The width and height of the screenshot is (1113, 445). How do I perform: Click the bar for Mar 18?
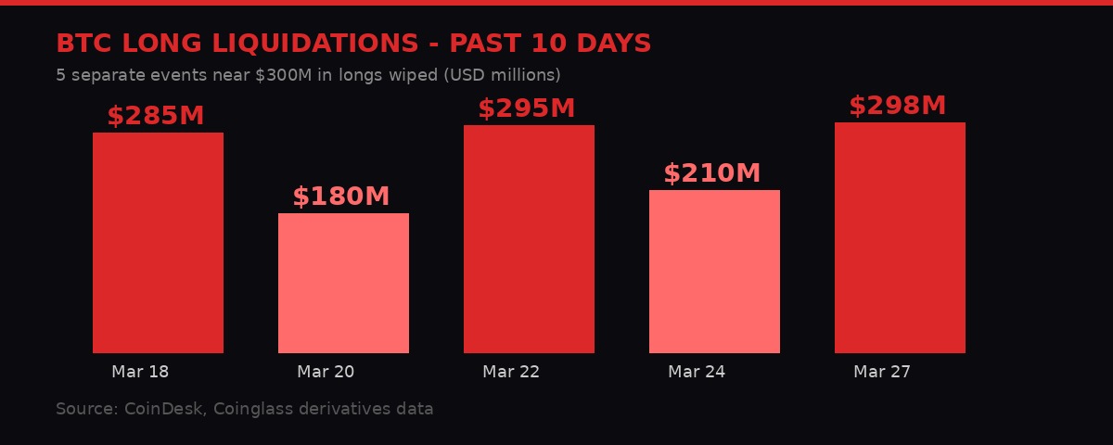point(158,243)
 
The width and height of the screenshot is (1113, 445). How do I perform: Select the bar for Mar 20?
point(343,283)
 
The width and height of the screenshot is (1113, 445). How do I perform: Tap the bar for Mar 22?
point(529,239)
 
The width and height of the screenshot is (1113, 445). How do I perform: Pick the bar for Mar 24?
point(714,272)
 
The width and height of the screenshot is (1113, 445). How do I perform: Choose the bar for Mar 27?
point(900,237)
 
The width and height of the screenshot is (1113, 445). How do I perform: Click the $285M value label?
point(155,117)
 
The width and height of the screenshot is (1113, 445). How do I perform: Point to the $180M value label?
point(340,197)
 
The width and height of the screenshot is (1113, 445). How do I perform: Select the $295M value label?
point(526,109)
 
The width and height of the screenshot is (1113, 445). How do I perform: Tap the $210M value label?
point(711,174)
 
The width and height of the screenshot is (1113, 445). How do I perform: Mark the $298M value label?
point(897,107)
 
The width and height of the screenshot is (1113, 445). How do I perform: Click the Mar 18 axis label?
point(140,372)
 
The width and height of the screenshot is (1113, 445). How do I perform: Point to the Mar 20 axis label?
point(326,372)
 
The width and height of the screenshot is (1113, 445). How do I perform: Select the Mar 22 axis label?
point(511,372)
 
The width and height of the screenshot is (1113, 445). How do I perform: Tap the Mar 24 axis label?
point(697,372)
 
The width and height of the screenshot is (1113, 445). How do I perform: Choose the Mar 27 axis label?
point(882,372)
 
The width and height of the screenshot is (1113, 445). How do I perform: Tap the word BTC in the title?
point(84,44)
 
